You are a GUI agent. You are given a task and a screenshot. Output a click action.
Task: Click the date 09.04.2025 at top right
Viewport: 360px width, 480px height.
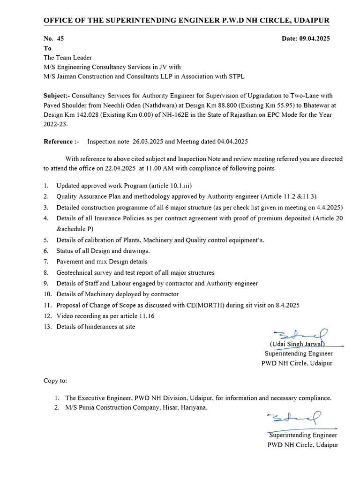[314, 38]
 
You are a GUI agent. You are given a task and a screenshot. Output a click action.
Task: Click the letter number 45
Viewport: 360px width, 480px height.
[60, 38]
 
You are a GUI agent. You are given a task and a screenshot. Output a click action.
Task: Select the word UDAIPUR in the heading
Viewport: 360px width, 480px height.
[310, 21]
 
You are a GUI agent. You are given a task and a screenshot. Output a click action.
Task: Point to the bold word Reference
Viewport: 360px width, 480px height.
[59, 141]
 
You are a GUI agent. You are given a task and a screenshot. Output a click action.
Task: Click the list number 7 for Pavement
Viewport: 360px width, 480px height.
[46, 262]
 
